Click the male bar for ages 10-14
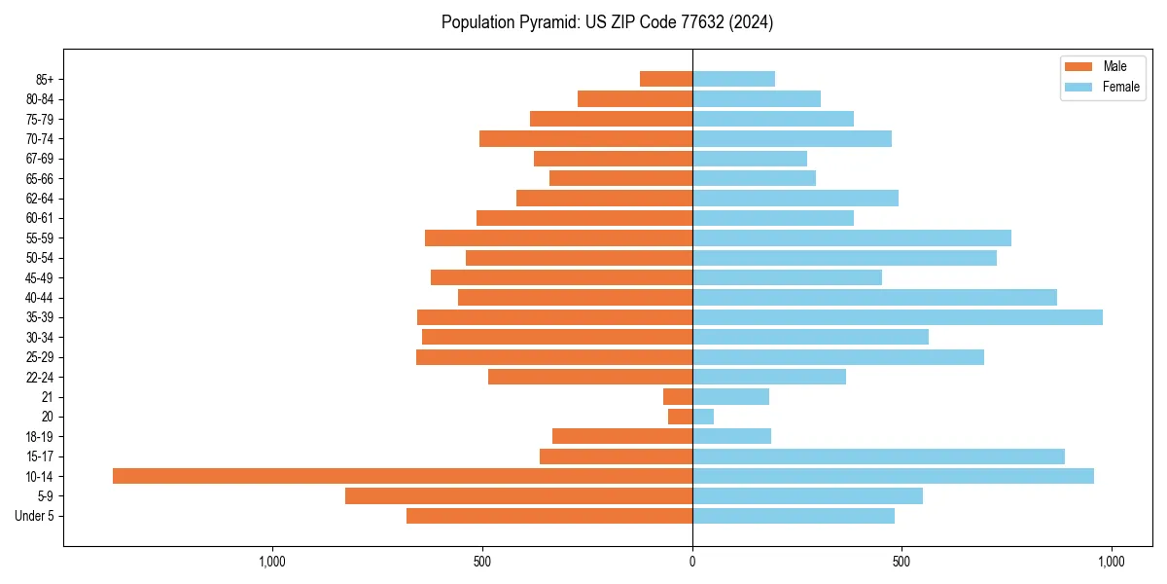click(x=403, y=476)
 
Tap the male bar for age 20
click(x=680, y=417)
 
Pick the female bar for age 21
click(x=730, y=396)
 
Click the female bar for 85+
click(x=733, y=79)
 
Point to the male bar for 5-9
click(x=518, y=495)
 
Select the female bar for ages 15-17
click(x=878, y=456)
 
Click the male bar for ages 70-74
click(x=585, y=138)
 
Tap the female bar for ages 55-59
click(x=851, y=237)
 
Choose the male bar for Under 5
click(x=549, y=516)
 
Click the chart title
click(x=607, y=22)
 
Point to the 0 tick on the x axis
click(x=692, y=562)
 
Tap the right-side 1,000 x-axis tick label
click(x=1111, y=562)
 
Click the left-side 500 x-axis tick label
click(x=482, y=562)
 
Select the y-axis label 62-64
click(x=40, y=198)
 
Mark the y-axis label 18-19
click(x=40, y=436)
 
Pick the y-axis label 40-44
click(x=40, y=297)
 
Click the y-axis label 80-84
click(x=40, y=98)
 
